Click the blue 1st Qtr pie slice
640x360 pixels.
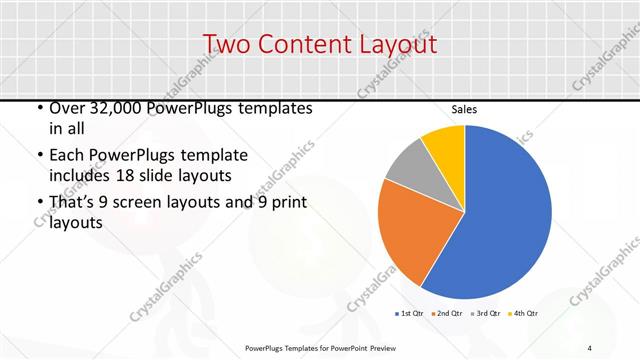coord(500,220)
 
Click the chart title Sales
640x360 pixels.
coord(464,110)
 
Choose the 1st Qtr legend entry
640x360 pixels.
coord(411,314)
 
